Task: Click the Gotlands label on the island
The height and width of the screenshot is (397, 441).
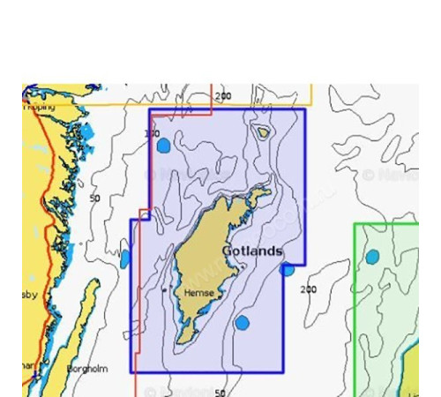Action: [252, 251]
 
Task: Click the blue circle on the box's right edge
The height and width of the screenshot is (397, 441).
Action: [288, 268]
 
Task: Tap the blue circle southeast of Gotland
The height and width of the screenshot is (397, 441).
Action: [243, 323]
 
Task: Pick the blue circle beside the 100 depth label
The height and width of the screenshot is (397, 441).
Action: [163, 146]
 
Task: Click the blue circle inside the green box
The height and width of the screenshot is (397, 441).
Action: [373, 257]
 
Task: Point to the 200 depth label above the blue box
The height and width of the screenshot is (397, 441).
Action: [223, 96]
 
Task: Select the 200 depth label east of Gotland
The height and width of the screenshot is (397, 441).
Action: [308, 289]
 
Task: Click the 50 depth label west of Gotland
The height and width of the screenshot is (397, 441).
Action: [94, 199]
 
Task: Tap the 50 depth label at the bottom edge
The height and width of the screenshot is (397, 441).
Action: [220, 392]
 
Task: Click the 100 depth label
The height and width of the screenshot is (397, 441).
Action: [152, 134]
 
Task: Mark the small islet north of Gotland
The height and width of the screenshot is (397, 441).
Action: [263, 133]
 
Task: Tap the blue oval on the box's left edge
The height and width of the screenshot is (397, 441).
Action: [125, 258]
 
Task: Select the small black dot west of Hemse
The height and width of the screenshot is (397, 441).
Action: [165, 288]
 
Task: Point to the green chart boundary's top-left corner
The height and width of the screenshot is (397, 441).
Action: [355, 223]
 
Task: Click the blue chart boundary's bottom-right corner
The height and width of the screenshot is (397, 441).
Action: [283, 372]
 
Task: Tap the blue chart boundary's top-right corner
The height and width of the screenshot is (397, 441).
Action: [305, 109]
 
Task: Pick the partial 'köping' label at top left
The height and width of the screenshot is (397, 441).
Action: [39, 107]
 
